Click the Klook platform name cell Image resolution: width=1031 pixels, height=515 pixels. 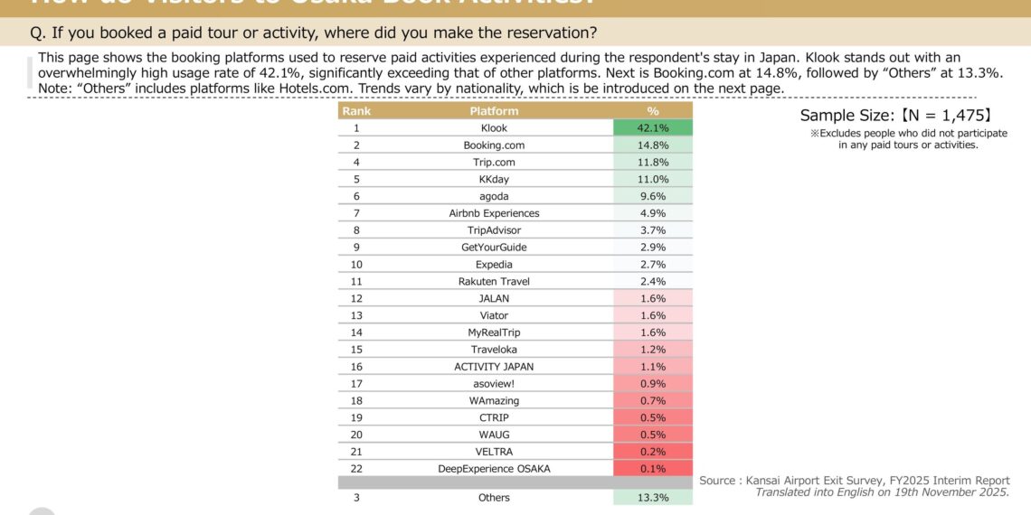coord(494,128)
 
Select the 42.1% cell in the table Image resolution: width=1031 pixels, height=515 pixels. coord(653,128)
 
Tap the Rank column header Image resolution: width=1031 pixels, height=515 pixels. coord(356,111)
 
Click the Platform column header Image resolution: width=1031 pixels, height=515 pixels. coord(494,111)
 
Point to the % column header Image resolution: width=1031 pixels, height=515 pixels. coord(653,111)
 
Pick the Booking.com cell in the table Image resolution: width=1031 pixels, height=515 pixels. coord(494,145)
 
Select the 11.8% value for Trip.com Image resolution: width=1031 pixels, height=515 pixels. coord(653,163)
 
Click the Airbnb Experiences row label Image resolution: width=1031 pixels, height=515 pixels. coord(494,213)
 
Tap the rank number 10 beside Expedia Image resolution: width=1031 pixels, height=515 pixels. coord(356,265)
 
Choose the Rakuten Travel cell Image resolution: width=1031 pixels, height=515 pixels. coord(494,282)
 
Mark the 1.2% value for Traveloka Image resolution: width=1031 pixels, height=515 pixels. coord(653,350)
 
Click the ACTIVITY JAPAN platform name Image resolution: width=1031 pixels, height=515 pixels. coord(494,367)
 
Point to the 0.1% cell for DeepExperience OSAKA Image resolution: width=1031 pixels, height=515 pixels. coord(653,469)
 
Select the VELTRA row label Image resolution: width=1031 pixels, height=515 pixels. coord(494,452)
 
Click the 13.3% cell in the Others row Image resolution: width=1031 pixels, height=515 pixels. coord(653,498)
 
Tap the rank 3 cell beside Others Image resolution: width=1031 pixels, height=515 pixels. coord(356,498)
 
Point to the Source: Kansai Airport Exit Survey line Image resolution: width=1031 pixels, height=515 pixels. coord(854,481)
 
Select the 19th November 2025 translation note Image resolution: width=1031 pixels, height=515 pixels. coord(882,492)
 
